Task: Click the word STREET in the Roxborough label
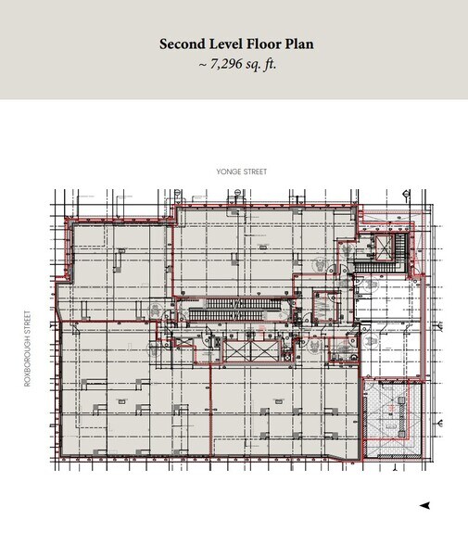30,326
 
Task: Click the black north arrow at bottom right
424,505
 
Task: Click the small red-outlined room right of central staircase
324,303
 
